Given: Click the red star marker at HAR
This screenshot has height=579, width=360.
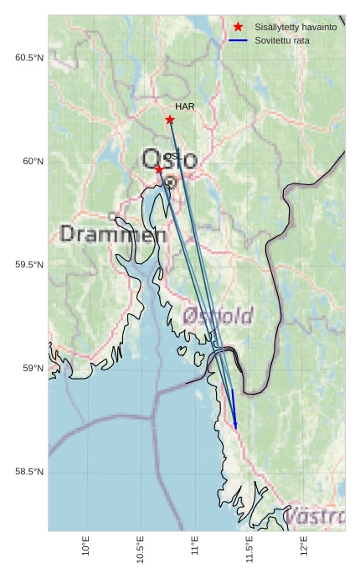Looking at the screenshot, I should point(170,120).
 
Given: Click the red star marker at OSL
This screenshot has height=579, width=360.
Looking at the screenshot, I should point(159,169).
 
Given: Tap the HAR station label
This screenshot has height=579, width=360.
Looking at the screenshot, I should point(185,106).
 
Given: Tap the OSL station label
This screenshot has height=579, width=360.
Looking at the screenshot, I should point(172,157).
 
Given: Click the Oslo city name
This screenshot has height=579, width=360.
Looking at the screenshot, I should point(170,159).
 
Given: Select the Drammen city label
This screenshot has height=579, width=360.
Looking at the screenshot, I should point(113,235).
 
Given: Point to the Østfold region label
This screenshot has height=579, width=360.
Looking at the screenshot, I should point(218,316).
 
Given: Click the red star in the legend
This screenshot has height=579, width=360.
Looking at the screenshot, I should point(239,27).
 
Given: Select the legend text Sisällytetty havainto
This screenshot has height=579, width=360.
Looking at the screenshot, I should point(296,27).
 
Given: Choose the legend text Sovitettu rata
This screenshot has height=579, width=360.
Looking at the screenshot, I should point(281,39).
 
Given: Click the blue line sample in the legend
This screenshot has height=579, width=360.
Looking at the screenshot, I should point(239,39).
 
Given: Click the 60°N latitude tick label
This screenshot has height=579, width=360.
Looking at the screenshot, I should point(33,161).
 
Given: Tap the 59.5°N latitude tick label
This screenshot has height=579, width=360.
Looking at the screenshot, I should point(29,265).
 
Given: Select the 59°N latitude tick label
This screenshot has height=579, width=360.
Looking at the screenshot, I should point(33,369).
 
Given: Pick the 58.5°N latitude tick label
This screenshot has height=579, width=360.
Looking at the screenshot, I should point(29,473).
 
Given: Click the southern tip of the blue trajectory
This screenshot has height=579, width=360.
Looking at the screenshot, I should point(236,428).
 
